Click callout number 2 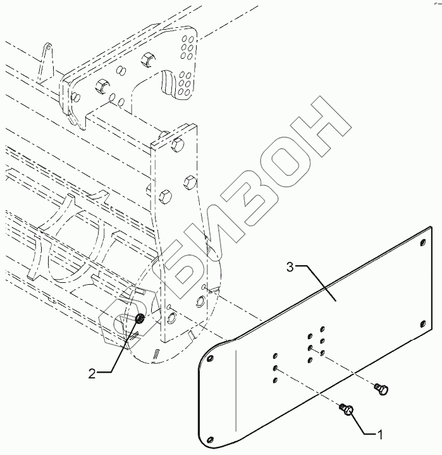point(92,374)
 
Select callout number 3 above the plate point(290,267)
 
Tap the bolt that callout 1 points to point(347,410)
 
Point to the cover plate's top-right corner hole point(422,239)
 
